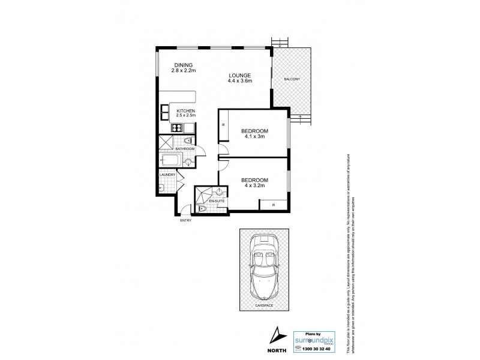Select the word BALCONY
click(293, 79)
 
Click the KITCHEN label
click(185, 110)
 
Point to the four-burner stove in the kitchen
click(178, 127)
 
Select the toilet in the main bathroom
click(188, 142)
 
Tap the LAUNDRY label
click(167, 175)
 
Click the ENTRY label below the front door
click(187, 220)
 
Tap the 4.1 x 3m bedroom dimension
click(254, 137)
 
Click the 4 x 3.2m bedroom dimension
click(254, 185)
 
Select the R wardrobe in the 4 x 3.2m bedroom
click(273, 205)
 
